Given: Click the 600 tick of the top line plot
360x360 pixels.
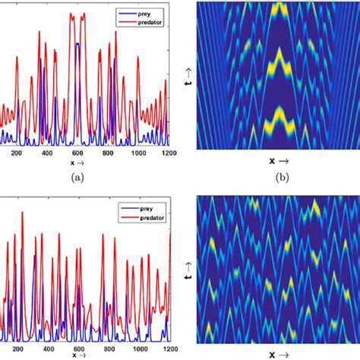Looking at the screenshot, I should point(77,153).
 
